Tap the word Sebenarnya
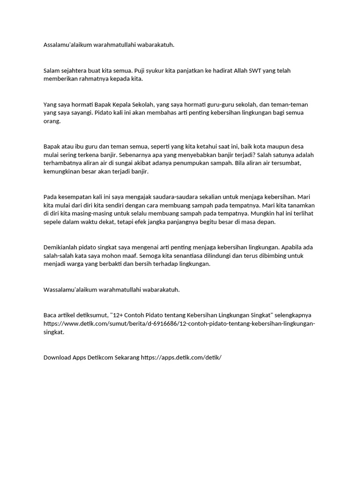click(135, 155)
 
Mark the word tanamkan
click(300, 205)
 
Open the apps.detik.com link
click(181, 357)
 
